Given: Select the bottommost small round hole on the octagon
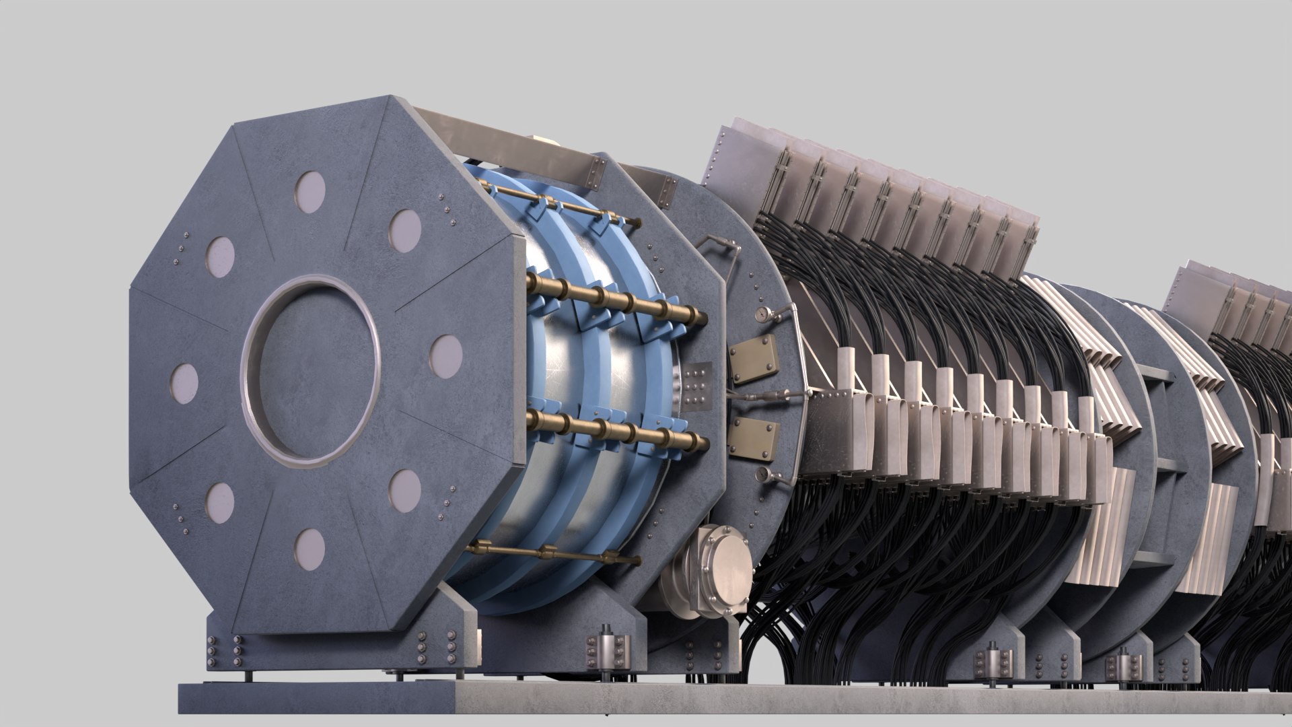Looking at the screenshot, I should pos(310,547).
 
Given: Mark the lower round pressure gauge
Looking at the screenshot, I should pos(761,475).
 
